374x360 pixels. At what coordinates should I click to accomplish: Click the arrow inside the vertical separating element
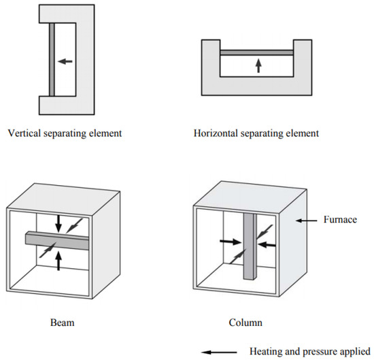pos(65,61)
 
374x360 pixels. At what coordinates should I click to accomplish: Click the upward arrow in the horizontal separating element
pos(258,65)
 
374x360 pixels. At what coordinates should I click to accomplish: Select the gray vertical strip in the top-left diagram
pos(51,61)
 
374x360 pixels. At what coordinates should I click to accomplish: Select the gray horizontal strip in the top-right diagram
pos(257,52)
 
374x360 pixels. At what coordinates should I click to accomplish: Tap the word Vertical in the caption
pos(24,133)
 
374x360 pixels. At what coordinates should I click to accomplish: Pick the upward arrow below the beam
pos(58,259)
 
